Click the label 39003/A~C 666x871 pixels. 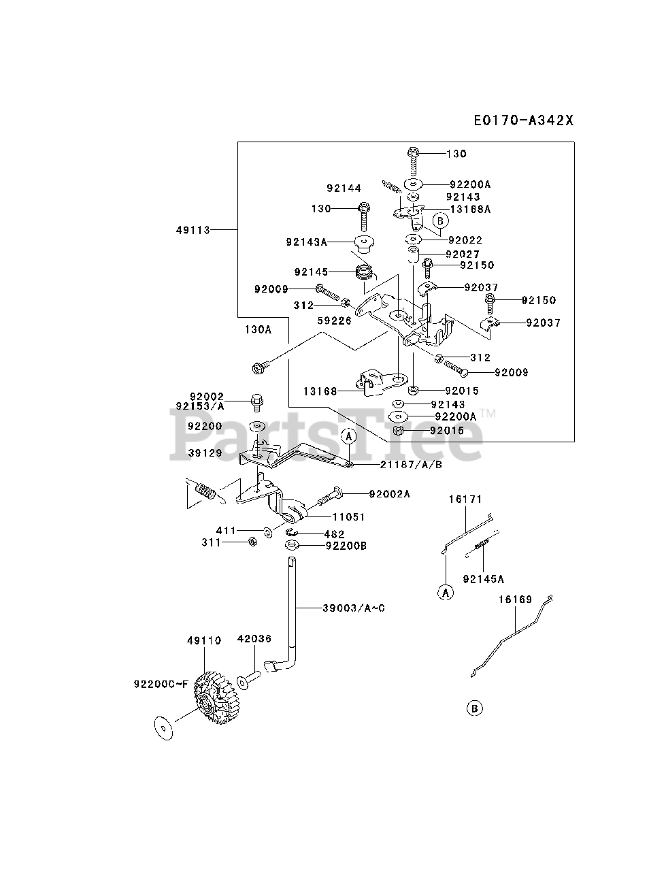pos(354,607)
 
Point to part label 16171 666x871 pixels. pos(465,499)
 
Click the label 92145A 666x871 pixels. pos(483,579)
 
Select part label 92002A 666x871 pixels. pos(390,494)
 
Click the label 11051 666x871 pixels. pos(349,517)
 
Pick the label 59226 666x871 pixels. pos(334,320)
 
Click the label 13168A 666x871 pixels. pos(470,210)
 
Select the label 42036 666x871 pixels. pos(254,639)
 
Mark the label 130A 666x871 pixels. pos(258,329)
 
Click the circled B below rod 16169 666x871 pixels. pos(475,709)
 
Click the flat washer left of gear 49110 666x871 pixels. pos(162,726)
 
